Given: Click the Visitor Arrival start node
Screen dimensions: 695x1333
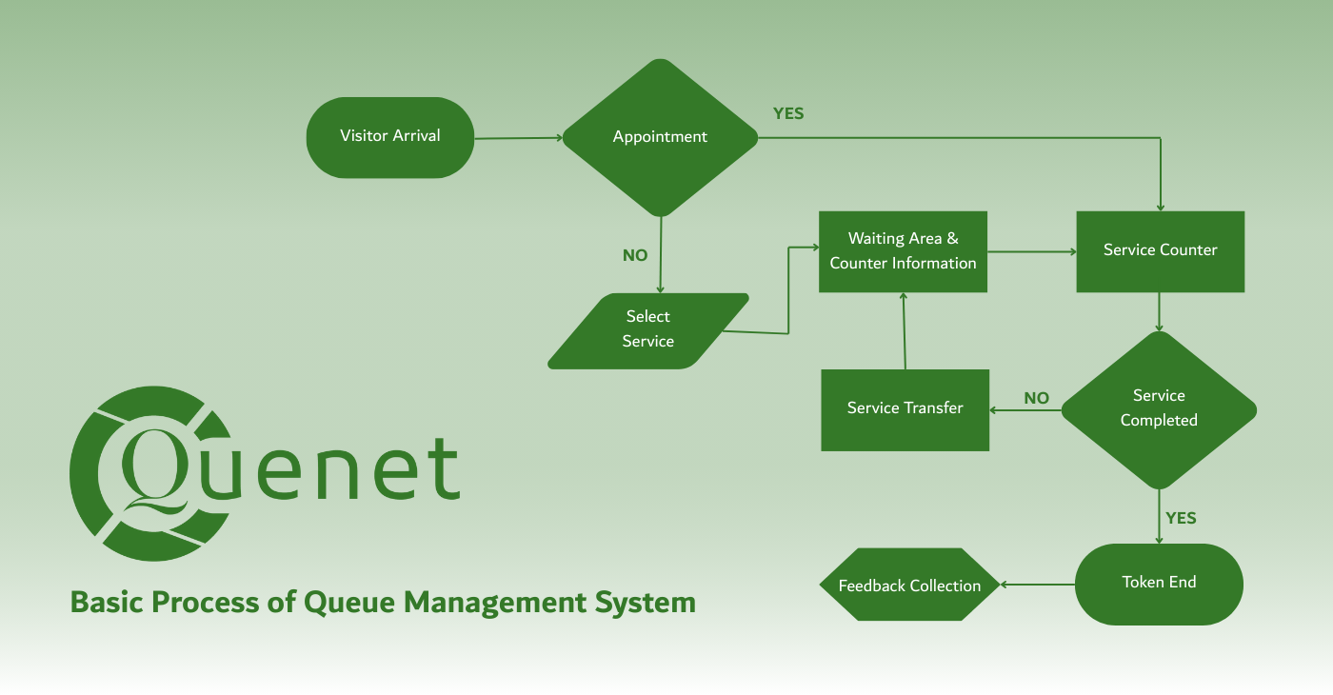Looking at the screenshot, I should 389,137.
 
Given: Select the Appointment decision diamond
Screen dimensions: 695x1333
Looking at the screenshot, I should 660,137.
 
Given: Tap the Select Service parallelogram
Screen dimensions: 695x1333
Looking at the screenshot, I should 647,329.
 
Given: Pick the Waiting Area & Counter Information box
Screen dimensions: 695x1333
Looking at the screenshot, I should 903,251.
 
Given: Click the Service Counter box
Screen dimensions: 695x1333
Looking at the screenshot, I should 1160,251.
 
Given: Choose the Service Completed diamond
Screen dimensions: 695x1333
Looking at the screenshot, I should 1159,409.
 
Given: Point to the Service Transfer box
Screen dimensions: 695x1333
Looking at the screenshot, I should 905,409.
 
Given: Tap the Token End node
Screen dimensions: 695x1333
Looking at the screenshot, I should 1159,584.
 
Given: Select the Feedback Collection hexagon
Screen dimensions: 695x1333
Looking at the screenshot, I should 909,586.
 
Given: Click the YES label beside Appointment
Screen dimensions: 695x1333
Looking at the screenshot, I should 788,114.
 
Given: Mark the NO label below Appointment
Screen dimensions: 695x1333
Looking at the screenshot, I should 635,256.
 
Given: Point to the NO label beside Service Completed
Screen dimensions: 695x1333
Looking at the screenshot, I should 1036,399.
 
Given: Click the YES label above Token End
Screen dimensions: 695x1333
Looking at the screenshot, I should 1181,519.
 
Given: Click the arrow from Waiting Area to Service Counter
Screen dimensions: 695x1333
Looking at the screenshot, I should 1031,251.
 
